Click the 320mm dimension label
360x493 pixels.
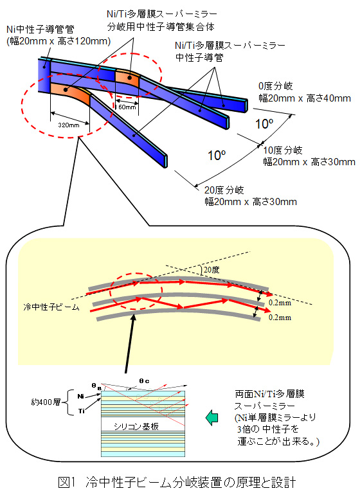coord(69,125)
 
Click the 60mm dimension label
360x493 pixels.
coord(127,107)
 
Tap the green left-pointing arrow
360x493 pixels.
coord(212,418)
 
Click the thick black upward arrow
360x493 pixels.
coord(130,343)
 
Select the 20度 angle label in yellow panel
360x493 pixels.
coord(212,270)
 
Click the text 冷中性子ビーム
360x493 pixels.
coord(51,307)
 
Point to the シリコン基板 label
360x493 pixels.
coord(136,426)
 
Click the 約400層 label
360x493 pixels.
coord(46,402)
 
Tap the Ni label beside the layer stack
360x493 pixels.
coord(81,396)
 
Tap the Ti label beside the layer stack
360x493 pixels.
coord(82,411)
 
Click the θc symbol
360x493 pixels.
coord(144,381)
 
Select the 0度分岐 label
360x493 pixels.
coord(275,86)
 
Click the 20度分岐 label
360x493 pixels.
coord(224,190)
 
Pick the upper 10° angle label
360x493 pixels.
coord(264,123)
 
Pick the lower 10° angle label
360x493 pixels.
coord(217,155)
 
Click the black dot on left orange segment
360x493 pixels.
coord(66,90)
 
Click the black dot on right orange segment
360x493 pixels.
coord(130,77)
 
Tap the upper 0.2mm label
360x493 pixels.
coord(280,303)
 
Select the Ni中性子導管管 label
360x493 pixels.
coord(40,29)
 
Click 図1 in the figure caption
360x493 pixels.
coord(67,482)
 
